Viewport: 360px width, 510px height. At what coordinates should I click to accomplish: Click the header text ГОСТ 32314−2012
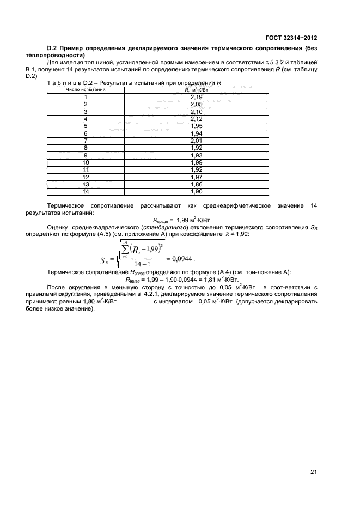[x=291, y=38]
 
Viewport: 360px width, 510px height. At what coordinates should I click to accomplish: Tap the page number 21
[x=313, y=472]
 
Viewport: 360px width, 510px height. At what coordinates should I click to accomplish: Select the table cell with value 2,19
[x=196, y=96]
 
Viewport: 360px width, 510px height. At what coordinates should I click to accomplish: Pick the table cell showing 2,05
[x=196, y=104]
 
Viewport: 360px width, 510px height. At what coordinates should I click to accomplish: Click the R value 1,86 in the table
[x=196, y=185]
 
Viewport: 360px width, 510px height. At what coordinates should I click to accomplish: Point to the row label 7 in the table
[x=86, y=140]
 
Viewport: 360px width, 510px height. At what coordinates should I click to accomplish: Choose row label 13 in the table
[x=86, y=185]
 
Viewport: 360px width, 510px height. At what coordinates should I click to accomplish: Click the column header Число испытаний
[x=86, y=90]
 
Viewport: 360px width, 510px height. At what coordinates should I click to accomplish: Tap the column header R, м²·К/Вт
[x=197, y=90]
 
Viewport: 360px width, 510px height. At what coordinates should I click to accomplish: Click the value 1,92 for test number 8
[x=196, y=148]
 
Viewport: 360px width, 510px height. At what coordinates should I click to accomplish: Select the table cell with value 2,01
[x=196, y=140]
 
